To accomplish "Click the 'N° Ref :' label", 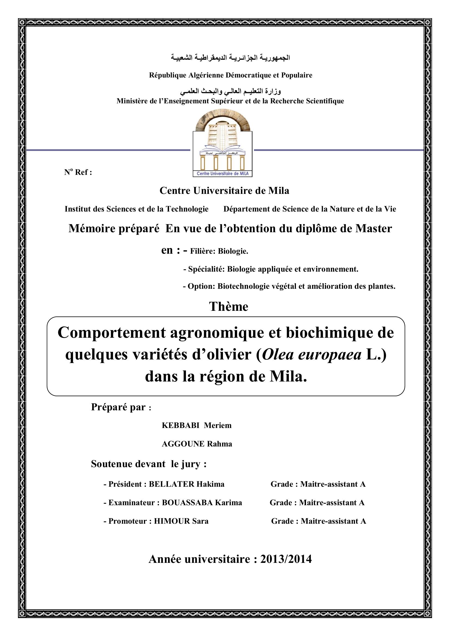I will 78,172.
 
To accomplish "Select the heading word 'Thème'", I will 228,307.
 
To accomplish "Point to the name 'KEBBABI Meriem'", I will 197,426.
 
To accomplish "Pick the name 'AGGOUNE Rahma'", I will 197,444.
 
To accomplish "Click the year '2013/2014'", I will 286,559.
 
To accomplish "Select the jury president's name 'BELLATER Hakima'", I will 186,484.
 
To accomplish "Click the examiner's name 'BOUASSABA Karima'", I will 202,503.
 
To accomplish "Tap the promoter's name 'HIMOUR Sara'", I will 181,521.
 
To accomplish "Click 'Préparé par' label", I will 118,407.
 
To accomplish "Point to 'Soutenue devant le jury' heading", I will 149,464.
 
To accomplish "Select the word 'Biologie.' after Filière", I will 233,251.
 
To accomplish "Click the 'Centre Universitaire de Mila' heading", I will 224,191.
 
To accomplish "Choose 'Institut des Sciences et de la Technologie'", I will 136,209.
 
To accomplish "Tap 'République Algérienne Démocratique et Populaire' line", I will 231,75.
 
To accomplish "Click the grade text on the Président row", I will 318,484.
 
